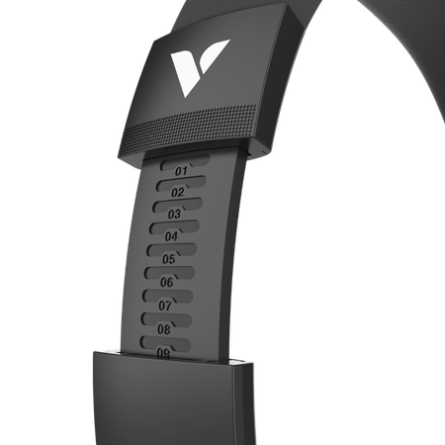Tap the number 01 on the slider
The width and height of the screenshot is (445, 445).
[181, 171]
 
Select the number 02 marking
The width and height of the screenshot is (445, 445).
[178, 192]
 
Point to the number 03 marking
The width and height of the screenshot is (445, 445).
[174, 215]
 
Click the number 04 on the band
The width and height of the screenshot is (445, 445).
[171, 236]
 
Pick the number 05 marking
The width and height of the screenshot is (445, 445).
[169, 259]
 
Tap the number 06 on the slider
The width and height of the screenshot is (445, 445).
[166, 282]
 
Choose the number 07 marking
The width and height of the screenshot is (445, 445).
[165, 306]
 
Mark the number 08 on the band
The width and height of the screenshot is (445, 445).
[164, 329]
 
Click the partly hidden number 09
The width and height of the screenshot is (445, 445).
[163, 353]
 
